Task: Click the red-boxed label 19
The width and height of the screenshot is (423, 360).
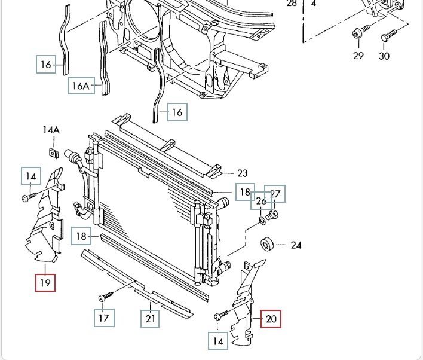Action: click(45, 281)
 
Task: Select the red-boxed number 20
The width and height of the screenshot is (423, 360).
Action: click(271, 319)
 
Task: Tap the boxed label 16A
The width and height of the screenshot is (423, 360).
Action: click(81, 86)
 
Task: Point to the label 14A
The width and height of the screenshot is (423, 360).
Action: click(51, 130)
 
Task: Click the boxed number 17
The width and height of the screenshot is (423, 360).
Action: click(104, 318)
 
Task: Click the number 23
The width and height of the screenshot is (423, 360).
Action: click(242, 173)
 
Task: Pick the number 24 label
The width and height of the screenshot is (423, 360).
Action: click(296, 245)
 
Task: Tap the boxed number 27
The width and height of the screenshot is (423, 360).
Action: click(275, 193)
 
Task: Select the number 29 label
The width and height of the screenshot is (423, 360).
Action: click(358, 56)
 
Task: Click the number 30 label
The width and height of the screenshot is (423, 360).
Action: click(384, 56)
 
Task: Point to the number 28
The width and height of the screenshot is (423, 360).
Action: click(292, 3)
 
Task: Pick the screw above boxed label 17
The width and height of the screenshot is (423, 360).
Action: click(106, 295)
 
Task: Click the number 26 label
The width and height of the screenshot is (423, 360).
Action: click(260, 201)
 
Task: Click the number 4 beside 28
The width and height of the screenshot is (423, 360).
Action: click(314, 3)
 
